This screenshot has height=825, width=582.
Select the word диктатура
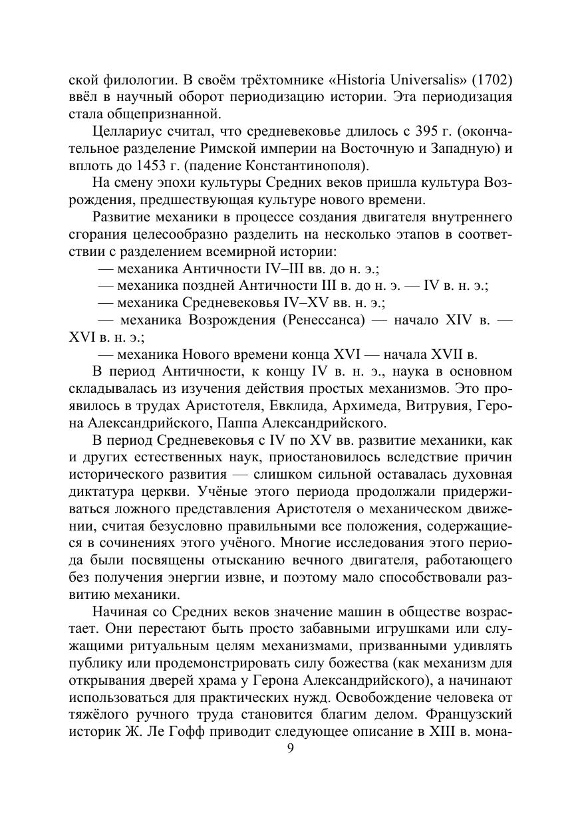tap(100, 491)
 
